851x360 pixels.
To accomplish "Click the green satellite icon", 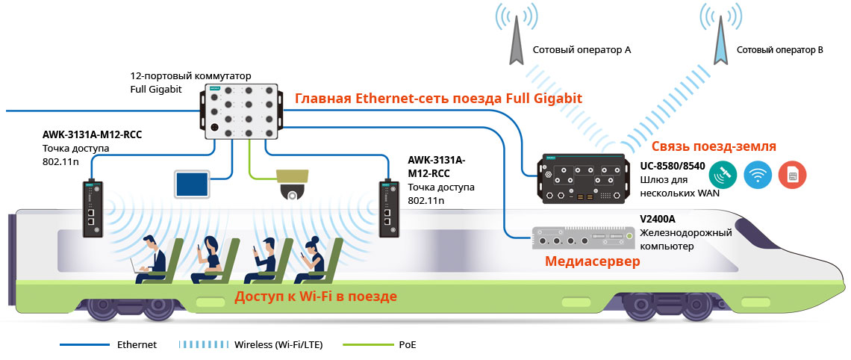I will click(x=723, y=176).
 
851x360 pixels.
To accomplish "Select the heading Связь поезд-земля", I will click(x=714, y=146).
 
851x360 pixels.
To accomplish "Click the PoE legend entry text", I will click(x=407, y=345).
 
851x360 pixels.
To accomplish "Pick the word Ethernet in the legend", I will click(x=137, y=345).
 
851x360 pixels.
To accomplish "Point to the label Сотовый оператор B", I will click(x=779, y=50).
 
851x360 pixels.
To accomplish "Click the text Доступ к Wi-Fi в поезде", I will click(x=316, y=297).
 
